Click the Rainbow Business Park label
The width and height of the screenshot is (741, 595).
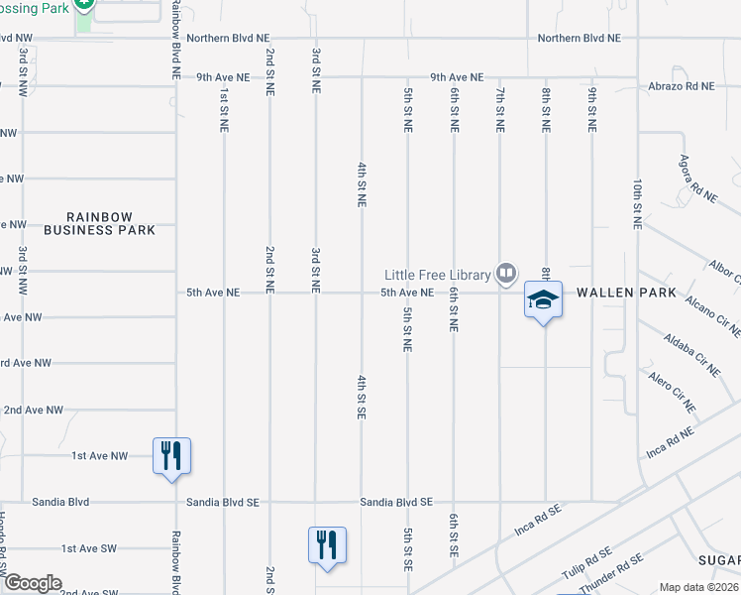coord(112,223)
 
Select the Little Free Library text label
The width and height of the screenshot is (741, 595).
coord(438,275)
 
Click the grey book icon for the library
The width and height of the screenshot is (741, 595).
coord(506,272)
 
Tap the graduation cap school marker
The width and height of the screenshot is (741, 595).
coord(543,299)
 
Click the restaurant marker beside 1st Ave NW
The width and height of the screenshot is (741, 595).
coord(171,456)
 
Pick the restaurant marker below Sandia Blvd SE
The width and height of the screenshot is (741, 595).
coord(327,545)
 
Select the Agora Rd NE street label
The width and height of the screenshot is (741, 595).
coord(697,179)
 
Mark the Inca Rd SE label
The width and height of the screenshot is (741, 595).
coord(538,526)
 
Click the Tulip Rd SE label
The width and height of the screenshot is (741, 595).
coord(586,562)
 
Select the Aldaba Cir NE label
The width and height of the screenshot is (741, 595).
coord(692,355)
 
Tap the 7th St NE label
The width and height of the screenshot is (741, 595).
coord(499,110)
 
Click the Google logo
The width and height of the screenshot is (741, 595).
coord(33,583)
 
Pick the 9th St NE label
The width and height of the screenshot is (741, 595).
coord(591,110)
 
